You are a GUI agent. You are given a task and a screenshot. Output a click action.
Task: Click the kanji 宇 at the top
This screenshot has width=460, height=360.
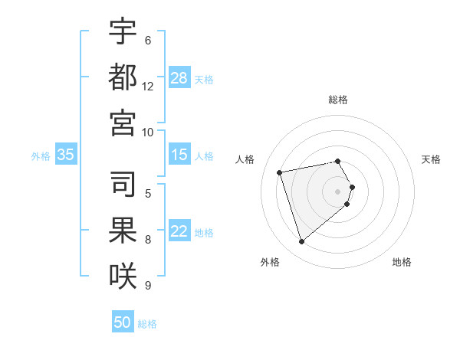[123, 32]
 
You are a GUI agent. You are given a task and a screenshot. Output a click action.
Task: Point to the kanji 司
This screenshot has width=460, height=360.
[123, 185]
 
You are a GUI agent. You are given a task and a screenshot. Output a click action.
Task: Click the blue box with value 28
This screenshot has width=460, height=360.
[179, 78]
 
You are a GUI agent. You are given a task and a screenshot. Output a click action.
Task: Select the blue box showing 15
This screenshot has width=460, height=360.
[179, 155]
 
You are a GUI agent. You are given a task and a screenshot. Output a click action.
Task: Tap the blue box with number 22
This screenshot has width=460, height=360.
[179, 232]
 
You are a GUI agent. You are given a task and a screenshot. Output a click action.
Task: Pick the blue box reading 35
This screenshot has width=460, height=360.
[66, 155]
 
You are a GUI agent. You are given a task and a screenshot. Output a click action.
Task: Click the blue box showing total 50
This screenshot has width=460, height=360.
[123, 323]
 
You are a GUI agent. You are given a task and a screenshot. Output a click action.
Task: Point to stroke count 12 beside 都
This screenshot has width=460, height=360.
[148, 87]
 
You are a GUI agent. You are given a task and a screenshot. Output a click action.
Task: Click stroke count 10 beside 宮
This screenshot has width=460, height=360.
[148, 132]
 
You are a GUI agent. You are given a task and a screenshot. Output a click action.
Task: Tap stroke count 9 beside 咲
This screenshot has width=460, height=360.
[148, 286]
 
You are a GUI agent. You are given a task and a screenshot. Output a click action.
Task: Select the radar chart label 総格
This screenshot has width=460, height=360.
[338, 100]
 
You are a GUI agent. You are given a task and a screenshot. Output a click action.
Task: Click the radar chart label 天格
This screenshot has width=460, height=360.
[431, 159]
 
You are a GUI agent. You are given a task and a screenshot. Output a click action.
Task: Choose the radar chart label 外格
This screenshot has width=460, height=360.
[270, 263]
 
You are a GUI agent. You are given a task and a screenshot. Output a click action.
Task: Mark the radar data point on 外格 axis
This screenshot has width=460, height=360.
[301, 242]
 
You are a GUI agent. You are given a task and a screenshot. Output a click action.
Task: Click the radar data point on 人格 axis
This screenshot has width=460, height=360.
[280, 172]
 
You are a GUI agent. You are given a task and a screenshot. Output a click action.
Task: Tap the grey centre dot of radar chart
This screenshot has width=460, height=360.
[338, 191]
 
